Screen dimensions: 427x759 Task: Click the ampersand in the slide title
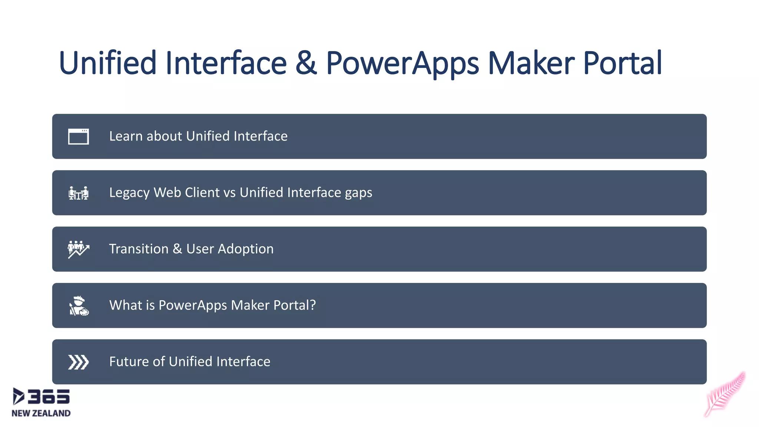point(306,63)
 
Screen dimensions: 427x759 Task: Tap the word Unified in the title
point(107,63)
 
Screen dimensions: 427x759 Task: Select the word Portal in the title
point(622,63)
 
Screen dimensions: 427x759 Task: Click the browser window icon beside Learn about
point(79,136)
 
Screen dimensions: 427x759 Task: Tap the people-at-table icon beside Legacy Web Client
point(79,193)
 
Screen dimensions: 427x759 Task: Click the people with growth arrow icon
point(79,249)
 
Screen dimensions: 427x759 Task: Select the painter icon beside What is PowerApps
point(79,306)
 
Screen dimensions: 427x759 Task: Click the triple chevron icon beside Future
point(79,362)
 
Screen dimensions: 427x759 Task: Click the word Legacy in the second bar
point(129,193)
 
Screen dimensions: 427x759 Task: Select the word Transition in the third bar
point(139,249)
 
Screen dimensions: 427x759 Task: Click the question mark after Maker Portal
point(313,305)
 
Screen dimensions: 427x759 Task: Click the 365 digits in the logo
point(49,397)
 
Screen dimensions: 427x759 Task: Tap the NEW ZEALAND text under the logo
point(41,413)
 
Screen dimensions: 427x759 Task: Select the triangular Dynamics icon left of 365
point(18,396)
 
